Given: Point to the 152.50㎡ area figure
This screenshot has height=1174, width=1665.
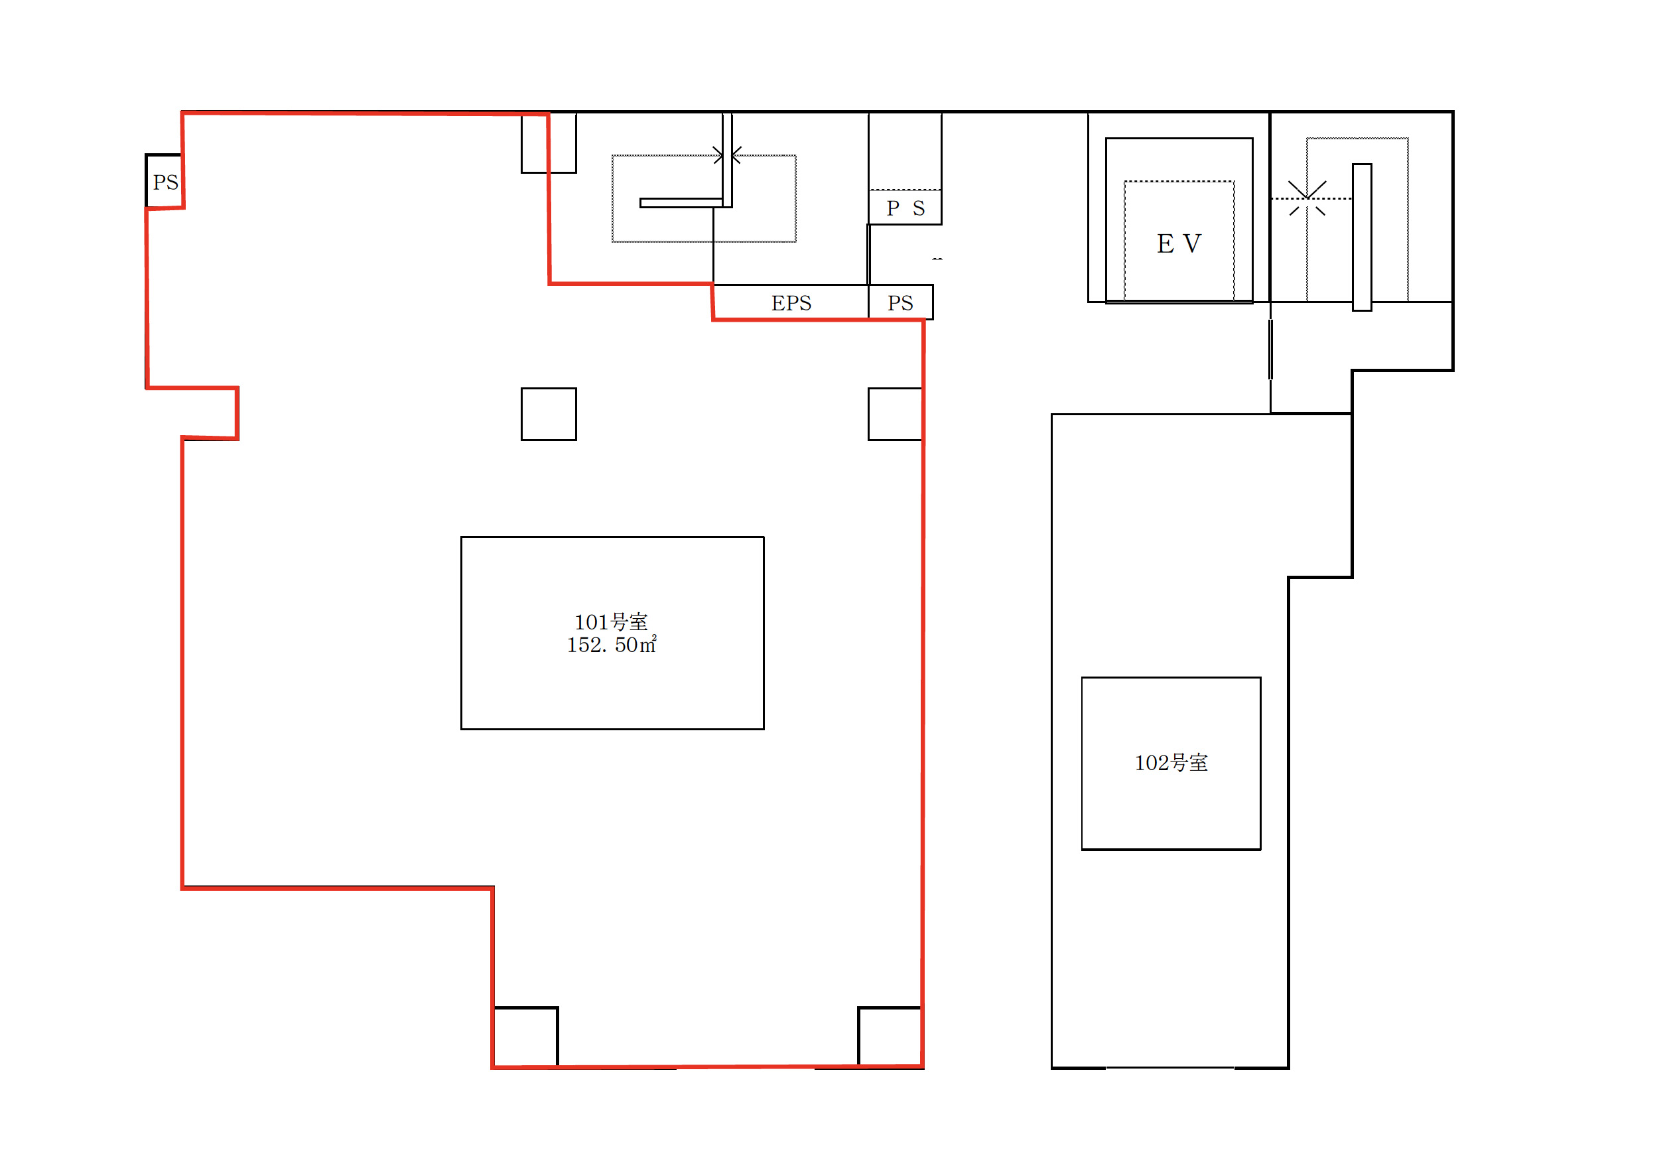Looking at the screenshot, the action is (612, 645).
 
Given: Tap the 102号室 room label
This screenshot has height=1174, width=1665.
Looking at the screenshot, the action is (1171, 763).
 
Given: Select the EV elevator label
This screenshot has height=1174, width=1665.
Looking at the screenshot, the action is (1179, 243).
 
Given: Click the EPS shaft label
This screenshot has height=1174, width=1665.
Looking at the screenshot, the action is (791, 303).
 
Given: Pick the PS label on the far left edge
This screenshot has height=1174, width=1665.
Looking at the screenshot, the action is (165, 182).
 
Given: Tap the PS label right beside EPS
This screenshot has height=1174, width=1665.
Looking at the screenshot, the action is (900, 303).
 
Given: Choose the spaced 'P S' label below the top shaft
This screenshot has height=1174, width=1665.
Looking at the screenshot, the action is (905, 209).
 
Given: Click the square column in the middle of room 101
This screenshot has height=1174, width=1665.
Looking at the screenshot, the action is (549, 414).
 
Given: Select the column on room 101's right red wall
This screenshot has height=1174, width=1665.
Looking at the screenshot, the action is (895, 414).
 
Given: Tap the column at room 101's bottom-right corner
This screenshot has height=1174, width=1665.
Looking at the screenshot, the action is (890, 1037).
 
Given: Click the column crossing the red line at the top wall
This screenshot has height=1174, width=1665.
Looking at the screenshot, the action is (549, 143).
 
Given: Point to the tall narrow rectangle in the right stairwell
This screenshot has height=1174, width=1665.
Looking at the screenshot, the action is (1362, 237).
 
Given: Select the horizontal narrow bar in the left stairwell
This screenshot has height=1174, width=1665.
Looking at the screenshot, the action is (681, 203).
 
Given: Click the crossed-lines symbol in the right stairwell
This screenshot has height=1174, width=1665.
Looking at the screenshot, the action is (1307, 198).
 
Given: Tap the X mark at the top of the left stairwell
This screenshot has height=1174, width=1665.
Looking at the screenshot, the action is (726, 155).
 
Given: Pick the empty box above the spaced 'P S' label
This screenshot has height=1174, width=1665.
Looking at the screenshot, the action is (905, 151).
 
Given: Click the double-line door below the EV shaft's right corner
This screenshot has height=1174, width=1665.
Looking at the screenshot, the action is (1270, 349).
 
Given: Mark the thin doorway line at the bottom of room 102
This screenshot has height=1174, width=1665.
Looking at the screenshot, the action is (1169, 1067).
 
